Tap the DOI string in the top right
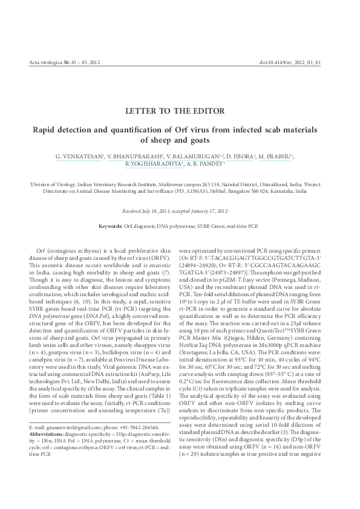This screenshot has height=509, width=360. (x=307, y=63)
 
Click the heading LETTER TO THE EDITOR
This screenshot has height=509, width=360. (x=180, y=111)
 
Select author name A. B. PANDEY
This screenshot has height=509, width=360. (x=205, y=163)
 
